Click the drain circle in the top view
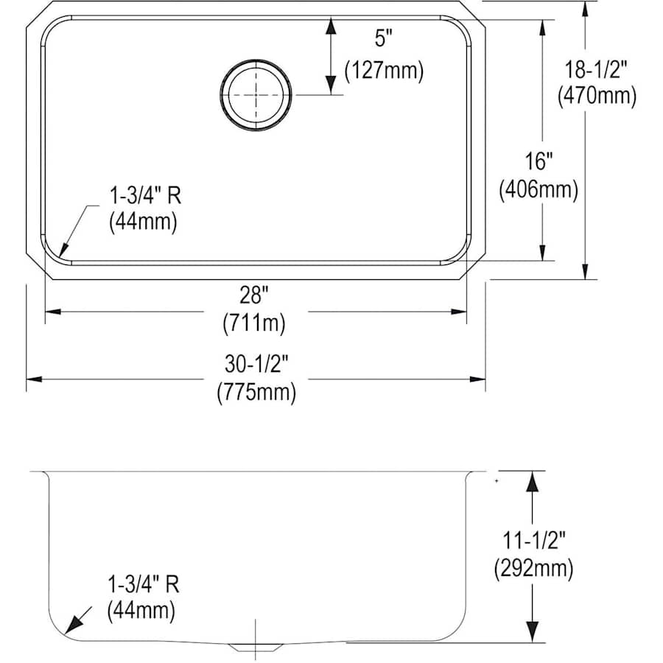pyautogui.click(x=256, y=95)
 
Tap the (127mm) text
pyautogui.click(x=384, y=70)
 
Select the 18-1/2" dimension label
pyautogui.click(x=596, y=69)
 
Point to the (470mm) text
pyautogui.click(x=597, y=96)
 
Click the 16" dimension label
pyautogui.click(x=539, y=161)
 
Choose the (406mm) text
pyautogui.click(x=539, y=189)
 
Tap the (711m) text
pyautogui.click(x=254, y=323)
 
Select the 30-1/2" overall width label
pyautogui.click(x=256, y=364)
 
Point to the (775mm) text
pyautogui.click(x=256, y=393)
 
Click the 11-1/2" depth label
pyautogui.click(x=534, y=540)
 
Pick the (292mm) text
pyautogui.click(x=534, y=568)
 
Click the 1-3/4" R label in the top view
pyautogui.click(x=145, y=196)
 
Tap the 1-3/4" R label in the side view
pyautogui.click(x=144, y=585)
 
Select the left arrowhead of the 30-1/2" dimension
pyautogui.click(x=34, y=379)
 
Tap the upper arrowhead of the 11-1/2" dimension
pyautogui.click(x=533, y=481)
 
